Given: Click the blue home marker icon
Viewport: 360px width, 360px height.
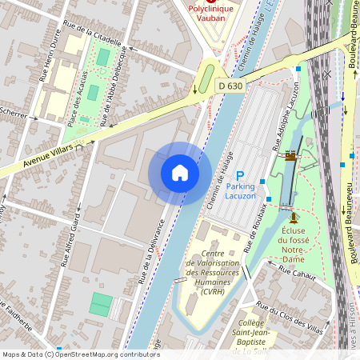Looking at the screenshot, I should (x=180, y=173).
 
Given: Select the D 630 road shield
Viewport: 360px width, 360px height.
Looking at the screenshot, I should (x=230, y=86).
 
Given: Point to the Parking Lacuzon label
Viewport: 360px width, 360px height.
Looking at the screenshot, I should (x=241, y=191).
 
